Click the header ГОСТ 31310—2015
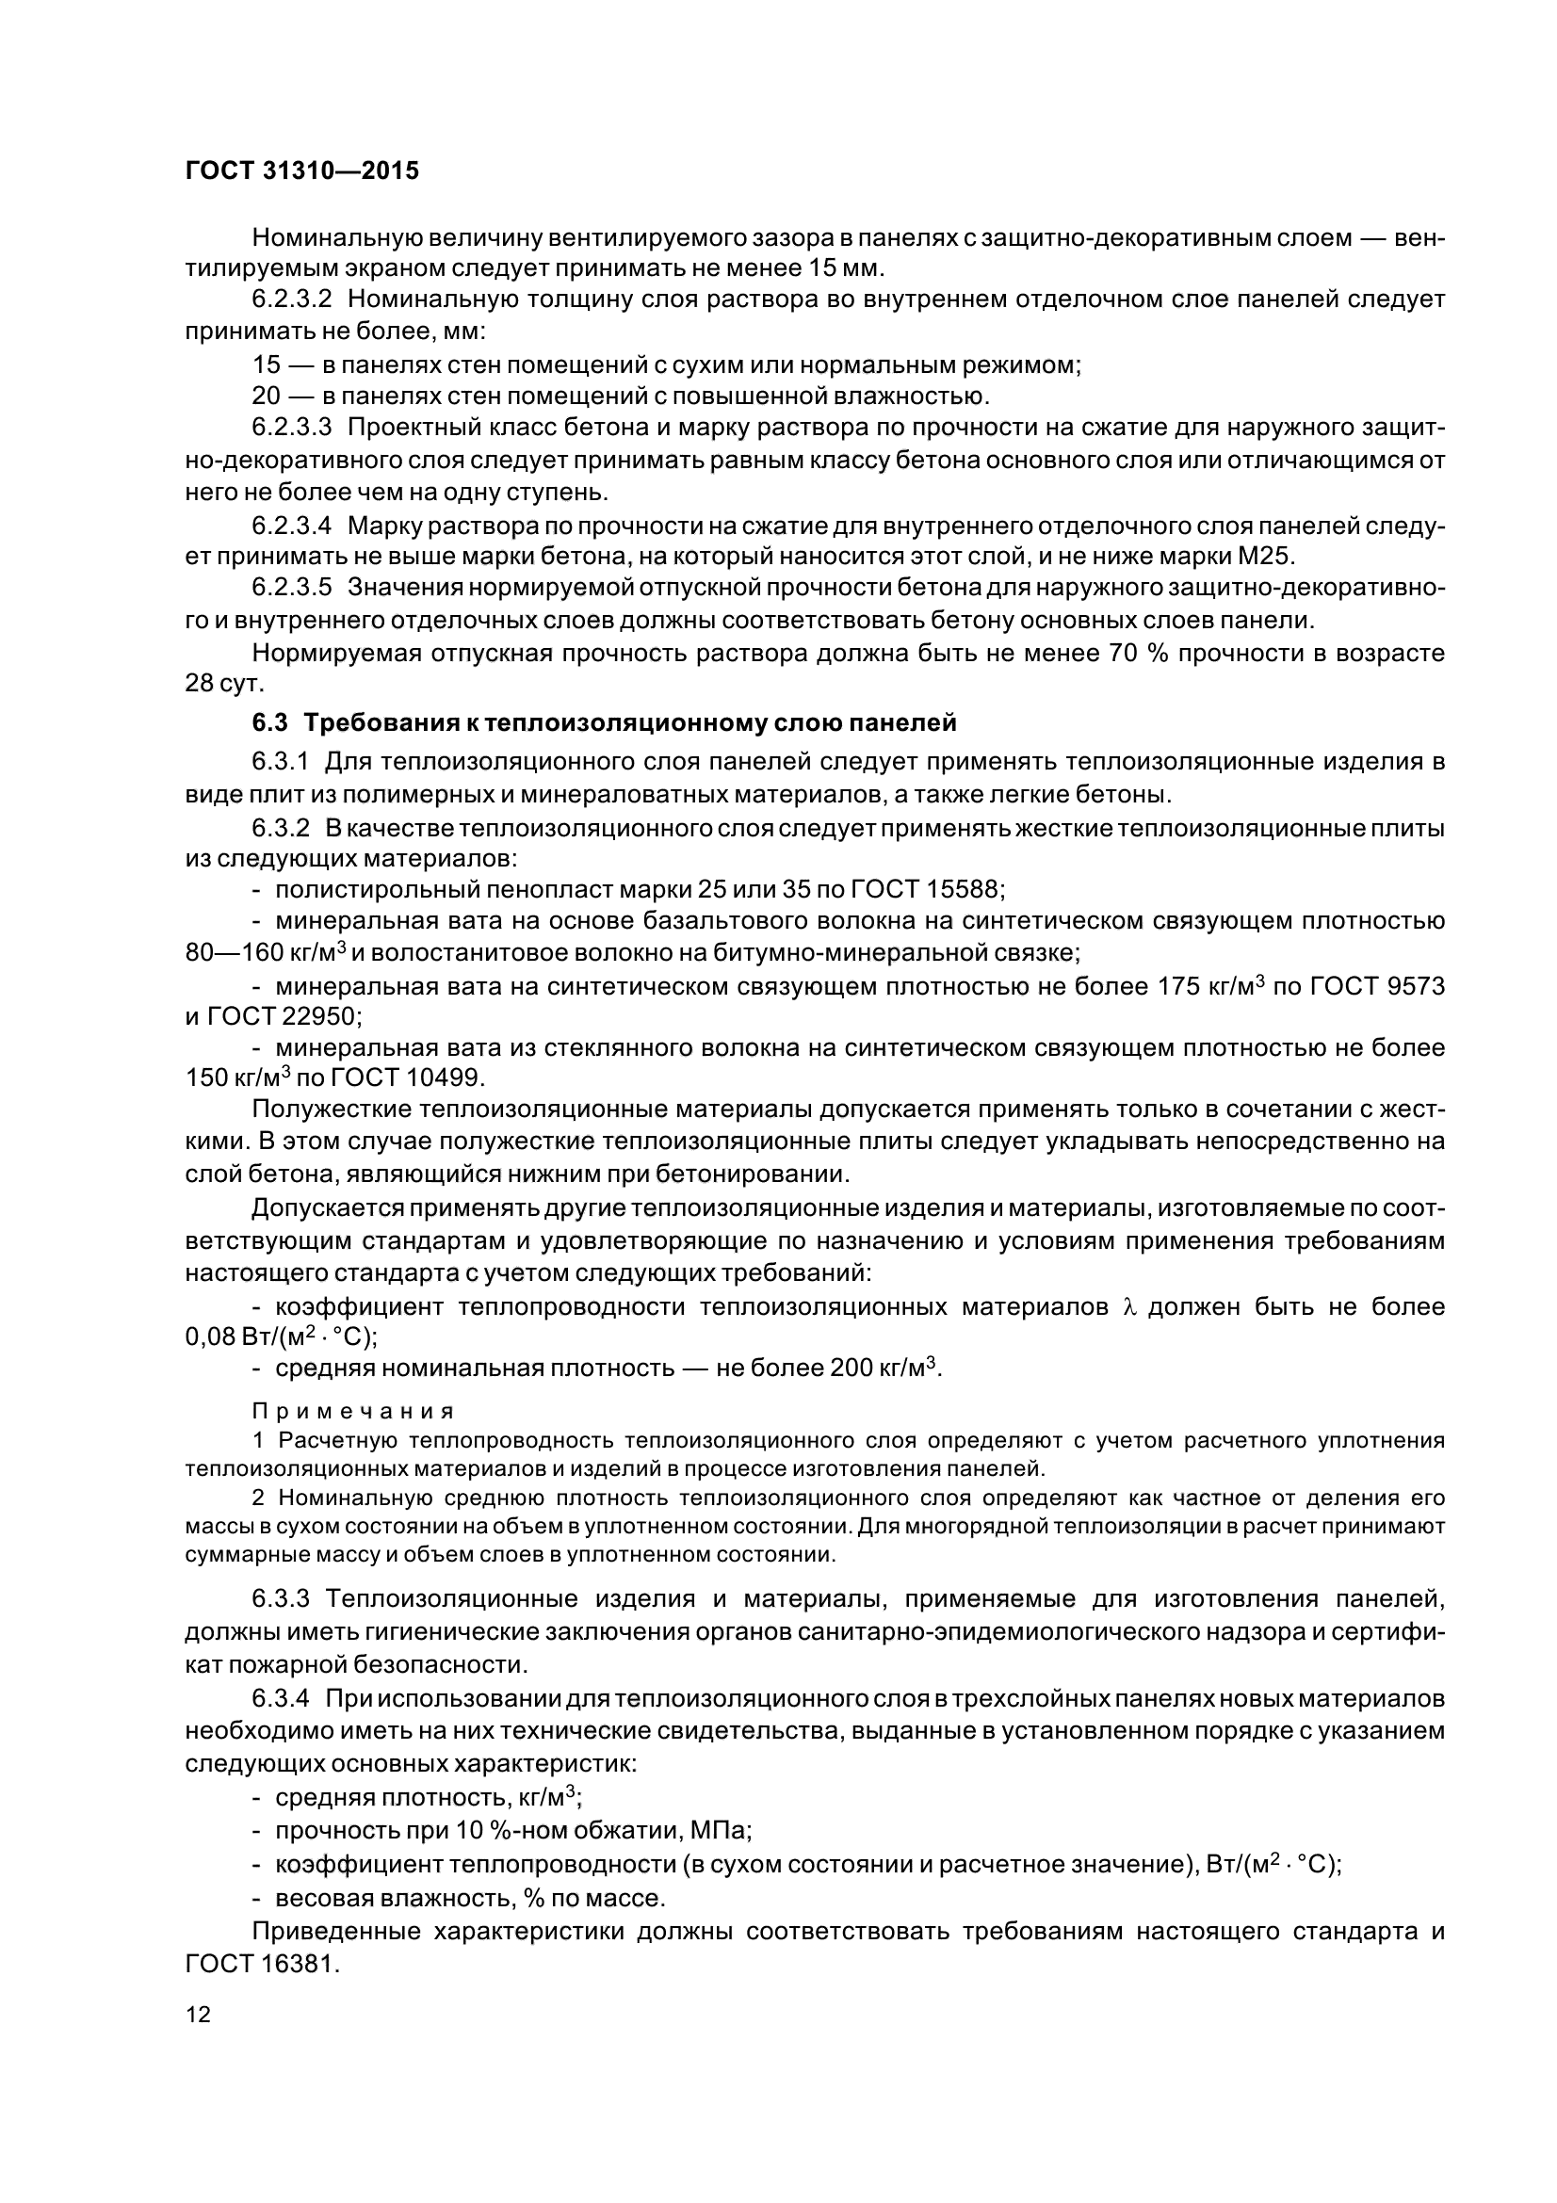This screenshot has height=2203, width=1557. (302, 171)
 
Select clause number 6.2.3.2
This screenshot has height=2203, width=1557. (292, 299)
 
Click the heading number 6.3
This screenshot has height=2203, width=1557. (269, 720)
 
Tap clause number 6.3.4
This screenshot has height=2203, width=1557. (280, 1697)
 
